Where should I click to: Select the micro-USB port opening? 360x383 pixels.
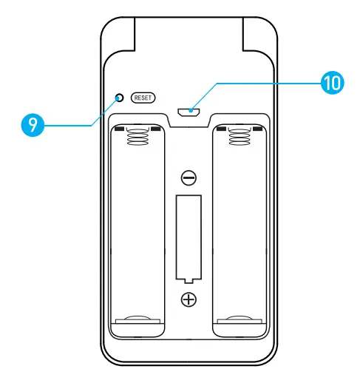coord(189,111)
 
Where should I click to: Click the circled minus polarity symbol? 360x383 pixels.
coord(189,177)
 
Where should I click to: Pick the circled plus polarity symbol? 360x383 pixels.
coord(189,299)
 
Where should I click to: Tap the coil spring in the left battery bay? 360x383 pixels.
coord(137,137)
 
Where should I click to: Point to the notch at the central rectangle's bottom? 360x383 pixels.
coord(189,279)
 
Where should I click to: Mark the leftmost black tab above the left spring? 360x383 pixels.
coord(120,129)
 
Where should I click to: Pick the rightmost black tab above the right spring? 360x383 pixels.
coord(257,129)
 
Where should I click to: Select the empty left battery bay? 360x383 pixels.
coord(137,229)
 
